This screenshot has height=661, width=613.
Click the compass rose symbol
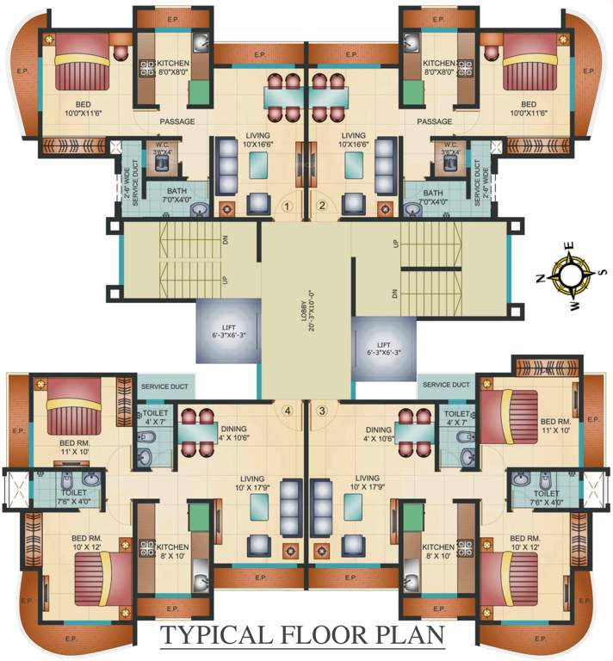[570, 275]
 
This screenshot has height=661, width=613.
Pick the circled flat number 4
[288, 411]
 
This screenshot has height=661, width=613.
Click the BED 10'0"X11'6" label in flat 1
[83, 109]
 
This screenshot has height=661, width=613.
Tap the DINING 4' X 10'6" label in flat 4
[235, 433]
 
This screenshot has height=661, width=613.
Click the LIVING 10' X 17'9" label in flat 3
[368, 483]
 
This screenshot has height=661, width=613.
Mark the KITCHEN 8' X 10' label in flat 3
[438, 552]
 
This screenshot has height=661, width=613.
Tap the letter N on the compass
[540, 277]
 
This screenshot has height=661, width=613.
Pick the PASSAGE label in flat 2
[434, 121]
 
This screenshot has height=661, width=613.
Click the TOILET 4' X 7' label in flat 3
[455, 417]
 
